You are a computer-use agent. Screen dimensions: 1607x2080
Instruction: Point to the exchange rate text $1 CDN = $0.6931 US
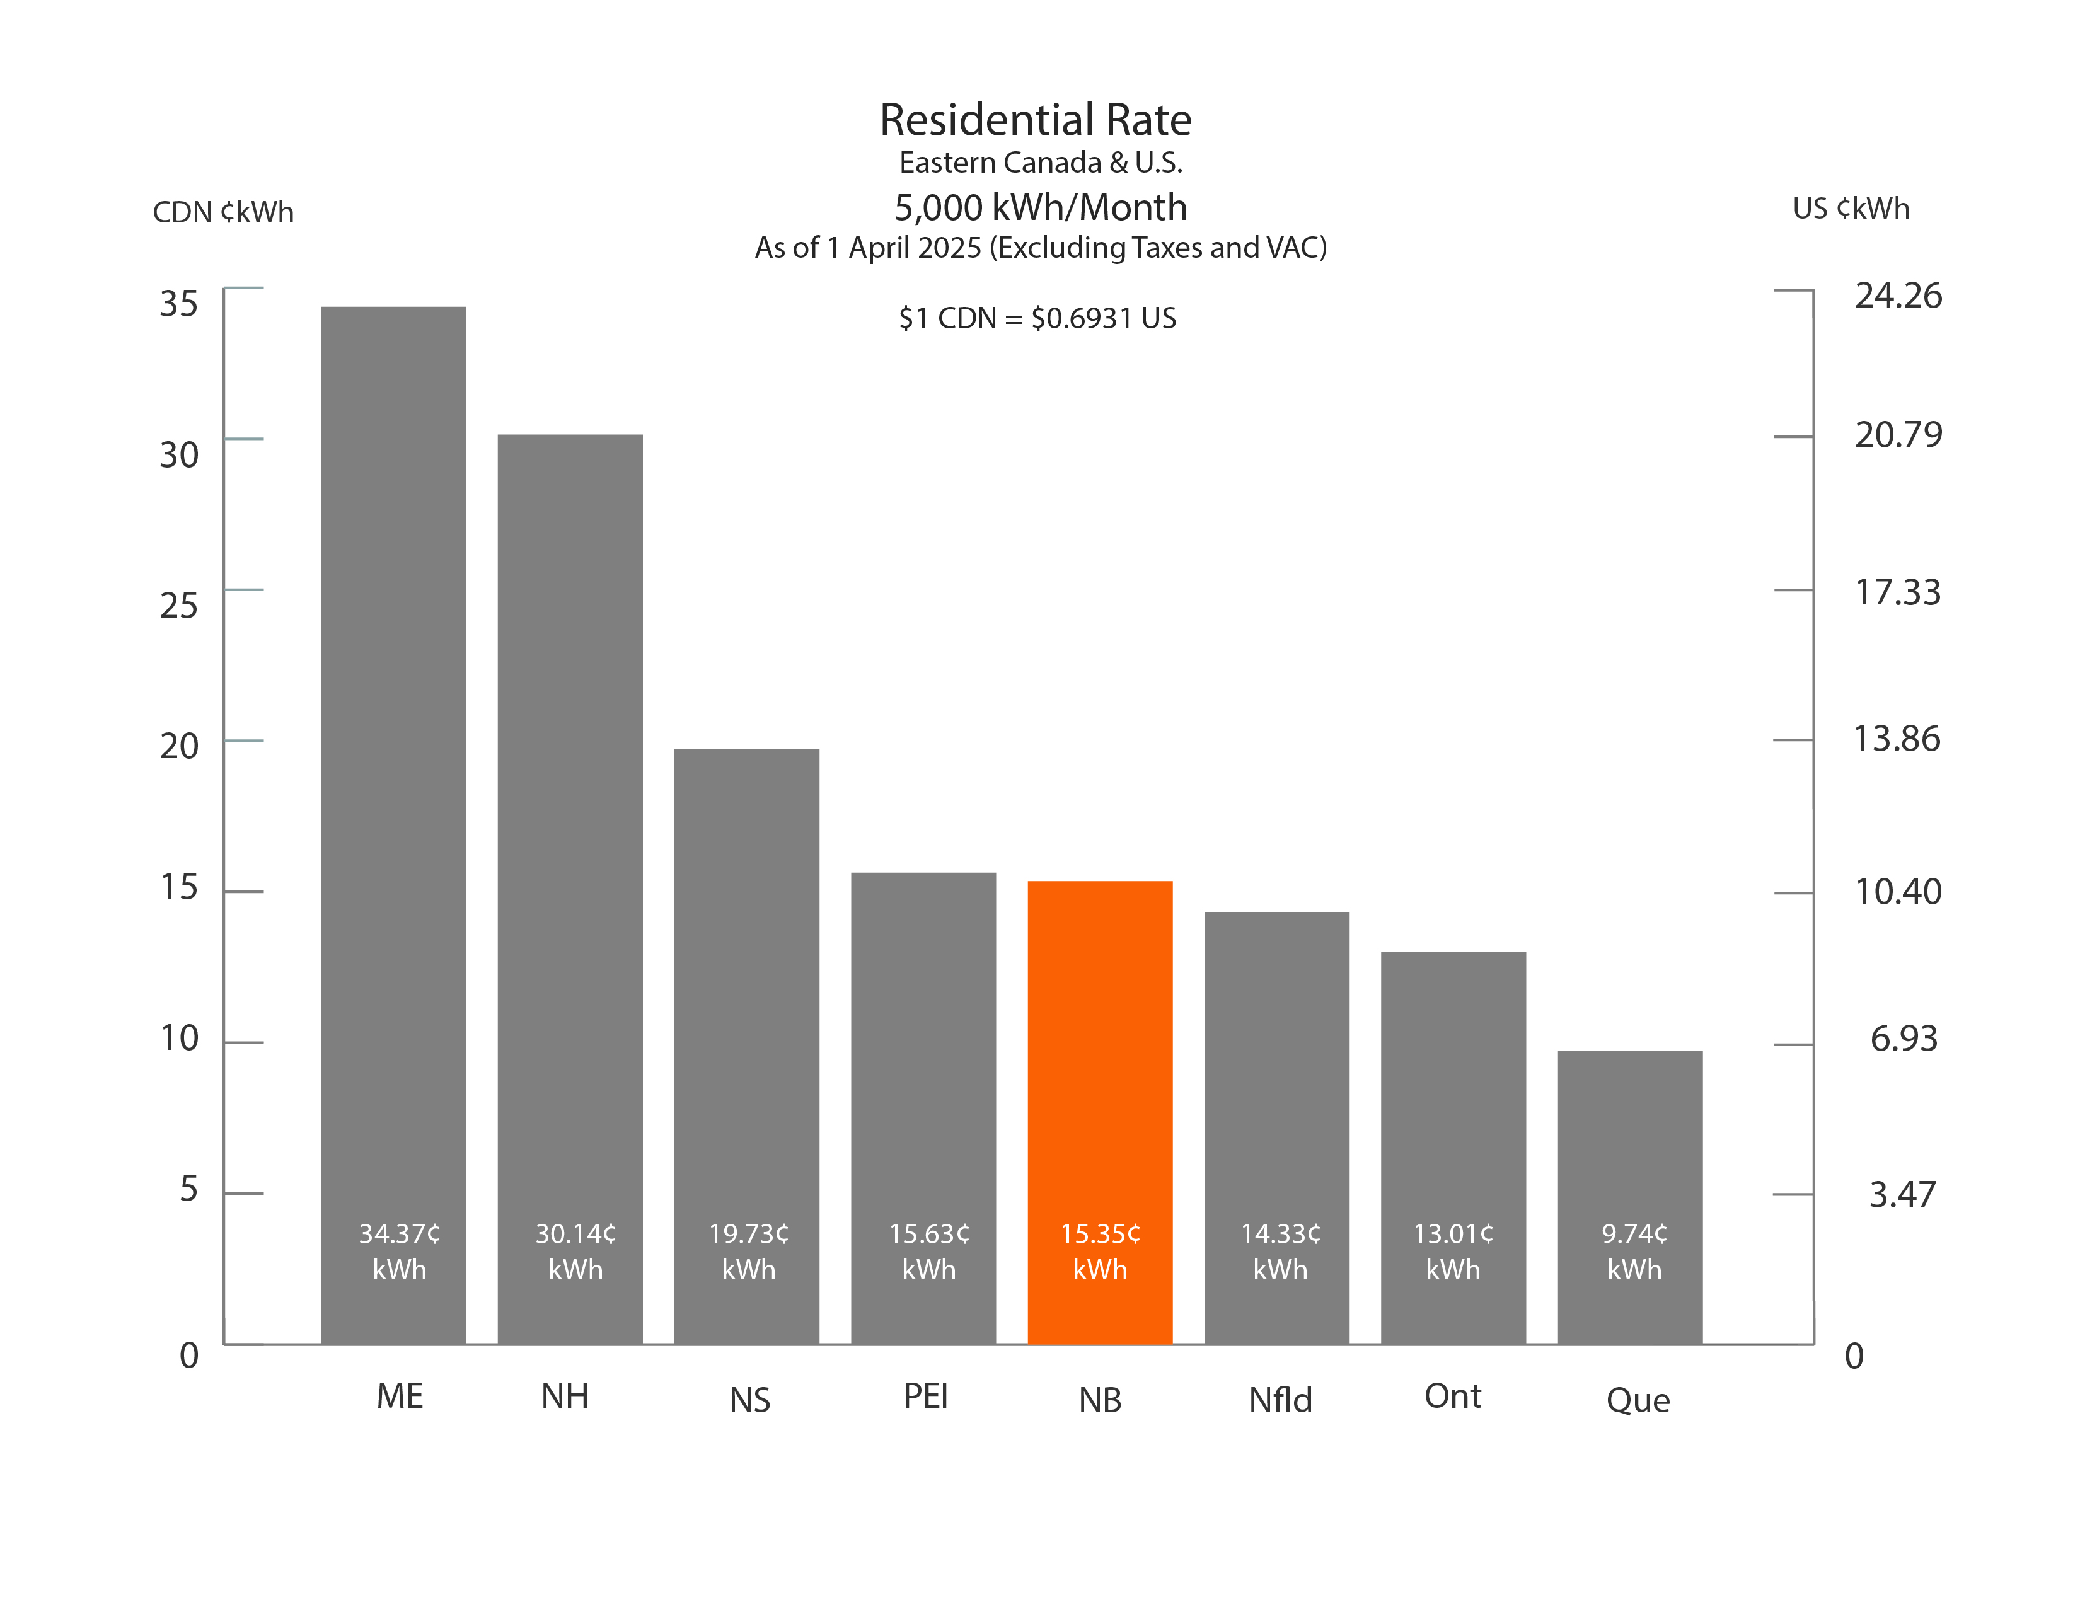click(1037, 318)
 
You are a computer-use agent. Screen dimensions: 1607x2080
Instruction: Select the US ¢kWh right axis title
click(1851, 209)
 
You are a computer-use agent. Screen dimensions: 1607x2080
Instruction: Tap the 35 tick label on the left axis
click(179, 304)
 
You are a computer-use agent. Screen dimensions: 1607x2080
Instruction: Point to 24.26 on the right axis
click(1897, 296)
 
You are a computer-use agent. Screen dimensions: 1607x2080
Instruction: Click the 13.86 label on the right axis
click(1895, 739)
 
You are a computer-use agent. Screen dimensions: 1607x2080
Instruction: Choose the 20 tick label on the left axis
click(179, 746)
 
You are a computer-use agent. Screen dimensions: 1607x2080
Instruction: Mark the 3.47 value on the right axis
click(1902, 1194)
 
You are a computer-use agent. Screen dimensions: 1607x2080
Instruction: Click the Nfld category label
click(1280, 1400)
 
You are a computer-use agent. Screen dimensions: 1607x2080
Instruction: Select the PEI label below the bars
click(925, 1397)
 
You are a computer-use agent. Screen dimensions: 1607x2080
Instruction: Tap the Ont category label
click(1452, 1397)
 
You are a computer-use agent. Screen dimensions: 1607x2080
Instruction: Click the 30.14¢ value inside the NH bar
click(575, 1235)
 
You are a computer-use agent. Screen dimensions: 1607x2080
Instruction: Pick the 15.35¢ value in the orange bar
click(1100, 1235)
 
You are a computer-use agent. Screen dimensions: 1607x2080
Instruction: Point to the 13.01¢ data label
click(1452, 1235)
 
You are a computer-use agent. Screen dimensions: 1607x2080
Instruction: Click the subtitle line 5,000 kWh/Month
click(1040, 207)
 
